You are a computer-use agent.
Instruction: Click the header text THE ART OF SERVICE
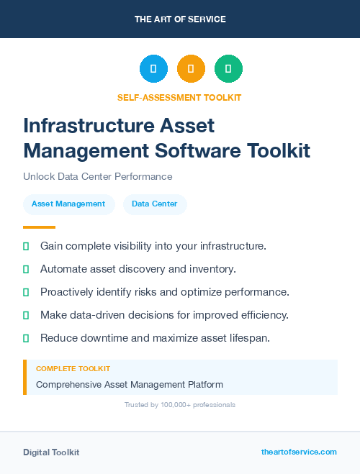(180, 19)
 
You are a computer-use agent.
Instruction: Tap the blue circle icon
(153, 69)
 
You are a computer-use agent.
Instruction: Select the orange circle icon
(191, 69)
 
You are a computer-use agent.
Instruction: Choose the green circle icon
(228, 69)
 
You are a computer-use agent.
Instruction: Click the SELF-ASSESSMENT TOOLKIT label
(179, 98)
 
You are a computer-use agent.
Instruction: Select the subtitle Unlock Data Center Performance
(98, 176)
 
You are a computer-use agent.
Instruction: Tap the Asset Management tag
(68, 204)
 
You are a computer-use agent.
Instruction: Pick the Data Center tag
(154, 204)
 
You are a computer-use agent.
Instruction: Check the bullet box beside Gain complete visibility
(26, 246)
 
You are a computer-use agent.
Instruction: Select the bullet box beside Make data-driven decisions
(26, 315)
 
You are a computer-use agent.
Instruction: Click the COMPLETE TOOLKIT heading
(73, 368)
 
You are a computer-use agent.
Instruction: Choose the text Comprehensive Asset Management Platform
(130, 385)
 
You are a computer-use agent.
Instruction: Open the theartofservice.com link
(299, 452)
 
